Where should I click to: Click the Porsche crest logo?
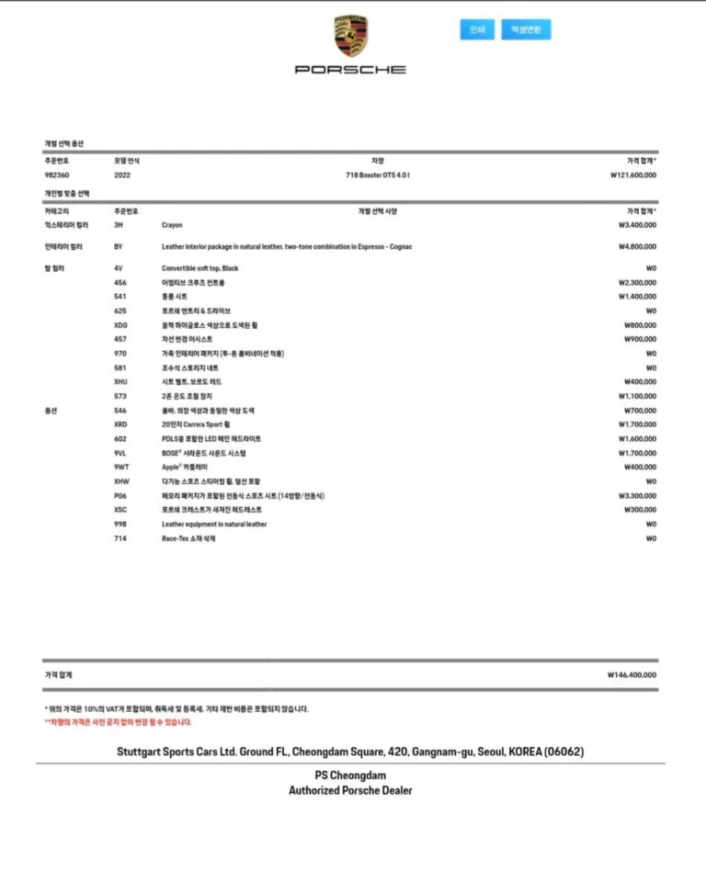point(350,36)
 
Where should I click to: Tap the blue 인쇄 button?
point(477,29)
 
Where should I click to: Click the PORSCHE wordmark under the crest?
point(350,69)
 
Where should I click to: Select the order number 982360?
point(57,175)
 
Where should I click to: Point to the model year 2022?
point(122,175)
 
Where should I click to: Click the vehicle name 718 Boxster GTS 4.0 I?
point(378,175)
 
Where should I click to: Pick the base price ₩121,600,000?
point(632,175)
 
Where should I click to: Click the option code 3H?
point(118,225)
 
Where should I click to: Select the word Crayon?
point(172,225)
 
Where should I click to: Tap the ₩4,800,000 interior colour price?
point(637,246)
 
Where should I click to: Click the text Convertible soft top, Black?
point(199,268)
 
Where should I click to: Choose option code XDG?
point(121,325)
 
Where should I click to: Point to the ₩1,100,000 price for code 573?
point(637,396)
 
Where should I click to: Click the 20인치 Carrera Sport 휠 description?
point(198,424)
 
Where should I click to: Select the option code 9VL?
point(120,453)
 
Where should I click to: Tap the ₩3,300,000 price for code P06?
point(637,496)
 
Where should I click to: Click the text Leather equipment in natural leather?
point(214,525)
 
